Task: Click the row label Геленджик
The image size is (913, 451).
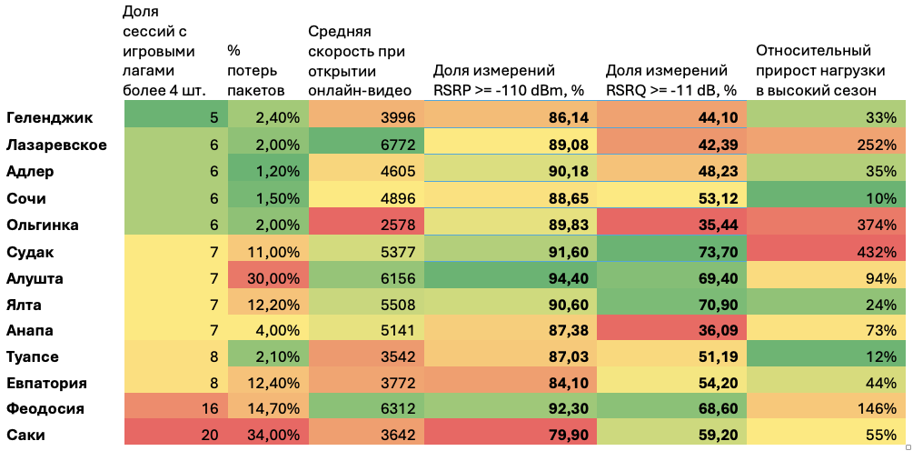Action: (49, 117)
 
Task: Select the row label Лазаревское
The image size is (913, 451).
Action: (56, 145)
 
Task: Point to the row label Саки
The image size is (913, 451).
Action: (25, 435)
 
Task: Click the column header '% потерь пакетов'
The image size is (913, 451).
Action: (255, 70)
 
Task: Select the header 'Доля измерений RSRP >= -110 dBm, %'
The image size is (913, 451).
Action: (508, 79)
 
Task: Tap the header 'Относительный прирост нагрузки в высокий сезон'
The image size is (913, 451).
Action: (816, 70)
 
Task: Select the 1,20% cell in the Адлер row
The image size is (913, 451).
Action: (267, 171)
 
